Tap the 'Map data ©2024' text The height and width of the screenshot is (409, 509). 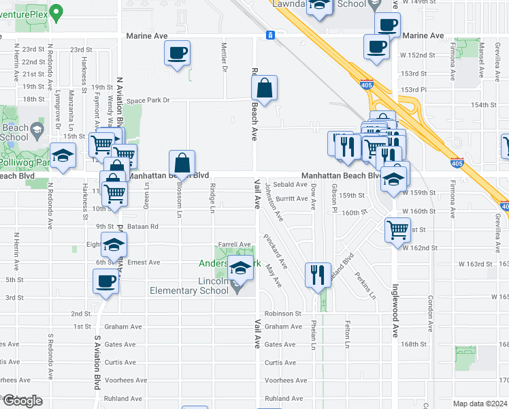point(480,404)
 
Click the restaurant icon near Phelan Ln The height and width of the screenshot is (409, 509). point(318,275)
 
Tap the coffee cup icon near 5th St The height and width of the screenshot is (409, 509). point(105,280)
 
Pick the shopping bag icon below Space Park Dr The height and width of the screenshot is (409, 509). point(264,88)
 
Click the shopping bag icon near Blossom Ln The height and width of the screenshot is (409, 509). point(182,164)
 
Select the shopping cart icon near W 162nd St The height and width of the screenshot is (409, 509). point(397,229)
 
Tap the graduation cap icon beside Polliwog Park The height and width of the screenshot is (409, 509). point(63,156)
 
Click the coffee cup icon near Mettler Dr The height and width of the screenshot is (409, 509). point(177,53)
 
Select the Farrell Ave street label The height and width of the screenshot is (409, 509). point(235,244)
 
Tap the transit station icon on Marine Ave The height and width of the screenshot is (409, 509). point(270,35)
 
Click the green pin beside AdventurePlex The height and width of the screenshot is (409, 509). point(56,11)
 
